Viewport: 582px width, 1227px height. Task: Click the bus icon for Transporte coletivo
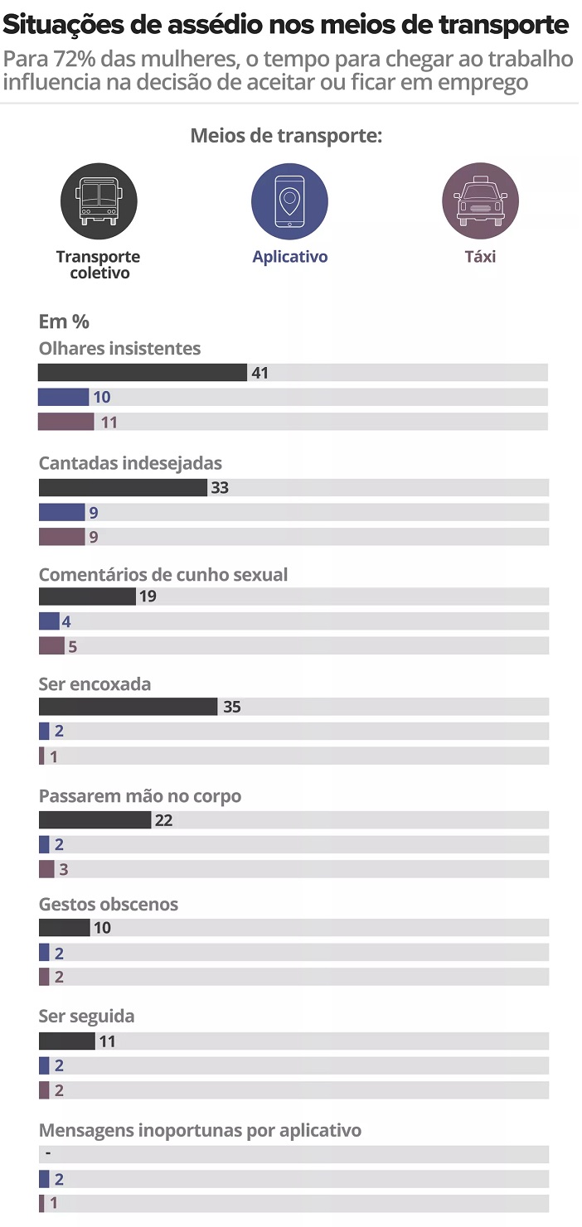[x=99, y=200]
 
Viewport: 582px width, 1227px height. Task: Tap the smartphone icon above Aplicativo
[x=289, y=200]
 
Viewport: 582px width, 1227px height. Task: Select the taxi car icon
[x=480, y=200]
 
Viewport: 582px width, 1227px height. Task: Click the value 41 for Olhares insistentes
[x=260, y=373]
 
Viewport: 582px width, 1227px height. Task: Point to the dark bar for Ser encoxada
[x=128, y=707]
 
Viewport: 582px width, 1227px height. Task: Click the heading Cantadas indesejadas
[x=130, y=463]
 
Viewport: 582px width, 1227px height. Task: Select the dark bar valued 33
[x=123, y=487]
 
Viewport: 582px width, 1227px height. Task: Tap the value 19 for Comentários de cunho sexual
[x=148, y=597]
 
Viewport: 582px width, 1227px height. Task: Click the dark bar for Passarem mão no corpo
[x=95, y=820]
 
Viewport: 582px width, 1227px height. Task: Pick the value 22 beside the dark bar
[x=163, y=821]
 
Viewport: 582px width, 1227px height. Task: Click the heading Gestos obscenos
[x=109, y=904]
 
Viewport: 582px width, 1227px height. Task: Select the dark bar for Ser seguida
[x=66, y=1041]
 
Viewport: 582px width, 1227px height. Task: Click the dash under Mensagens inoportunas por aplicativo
[x=49, y=1153]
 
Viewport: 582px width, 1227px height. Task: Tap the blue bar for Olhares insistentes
[x=63, y=397]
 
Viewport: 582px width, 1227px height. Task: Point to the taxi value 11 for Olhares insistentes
[x=109, y=423]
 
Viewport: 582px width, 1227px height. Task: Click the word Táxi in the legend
[x=480, y=257]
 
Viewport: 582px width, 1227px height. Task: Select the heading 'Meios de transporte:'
[x=286, y=136]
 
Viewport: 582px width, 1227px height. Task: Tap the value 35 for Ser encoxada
[x=232, y=708]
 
